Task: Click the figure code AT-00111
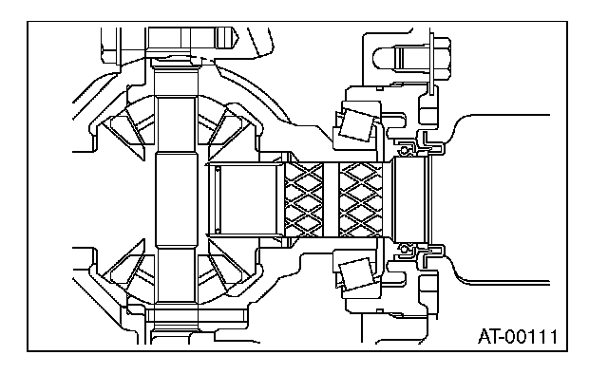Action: click(518, 336)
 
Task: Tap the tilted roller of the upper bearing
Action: click(357, 124)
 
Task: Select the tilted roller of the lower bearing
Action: click(357, 274)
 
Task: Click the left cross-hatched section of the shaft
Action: click(304, 199)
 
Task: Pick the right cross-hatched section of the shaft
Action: click(361, 199)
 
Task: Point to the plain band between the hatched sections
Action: click(332, 199)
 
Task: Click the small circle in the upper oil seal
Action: click(404, 150)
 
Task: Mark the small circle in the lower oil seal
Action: click(404, 249)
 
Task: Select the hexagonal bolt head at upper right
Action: click(440, 59)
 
